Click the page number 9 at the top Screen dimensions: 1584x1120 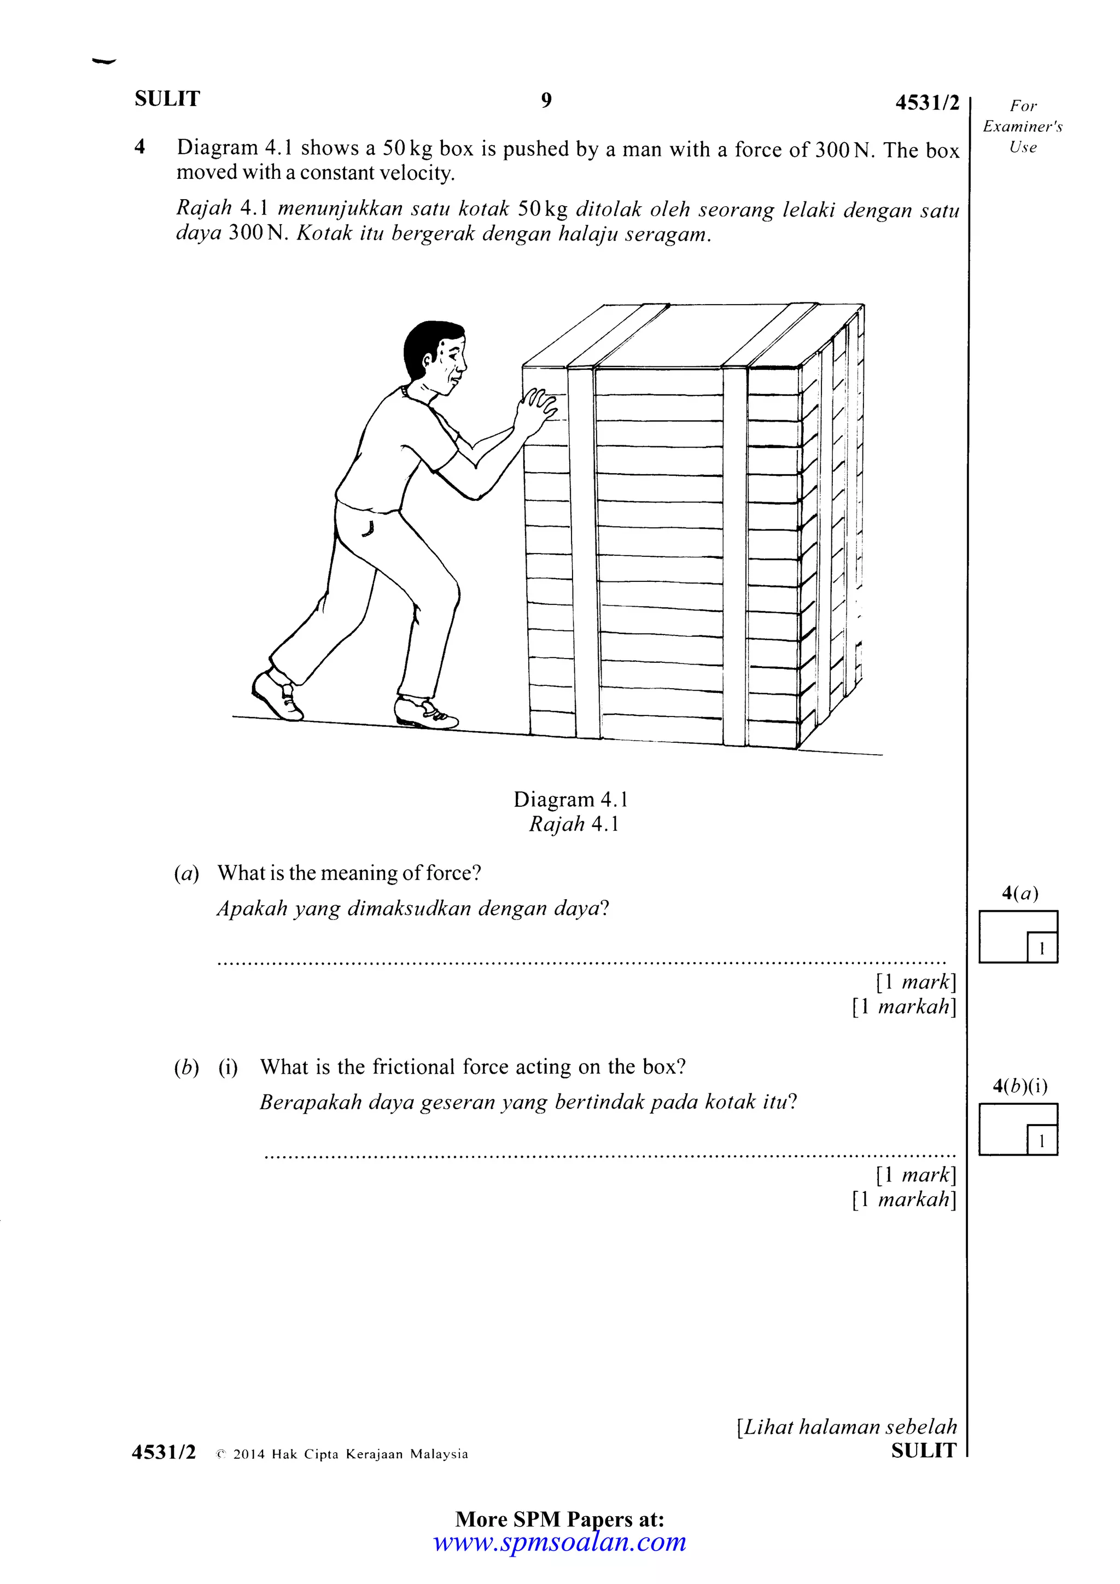(546, 101)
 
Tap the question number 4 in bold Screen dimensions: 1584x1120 (140, 147)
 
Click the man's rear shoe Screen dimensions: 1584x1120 (277, 695)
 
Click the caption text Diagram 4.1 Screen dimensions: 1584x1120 (570, 800)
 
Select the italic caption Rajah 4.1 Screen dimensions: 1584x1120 (573, 824)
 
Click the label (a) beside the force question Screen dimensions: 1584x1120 (186, 874)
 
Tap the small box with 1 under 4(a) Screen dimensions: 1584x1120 (1041, 948)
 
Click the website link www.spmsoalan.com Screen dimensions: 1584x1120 (559, 1542)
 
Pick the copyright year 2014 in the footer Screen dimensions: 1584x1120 (248, 1454)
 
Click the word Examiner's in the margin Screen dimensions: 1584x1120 (1022, 127)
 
